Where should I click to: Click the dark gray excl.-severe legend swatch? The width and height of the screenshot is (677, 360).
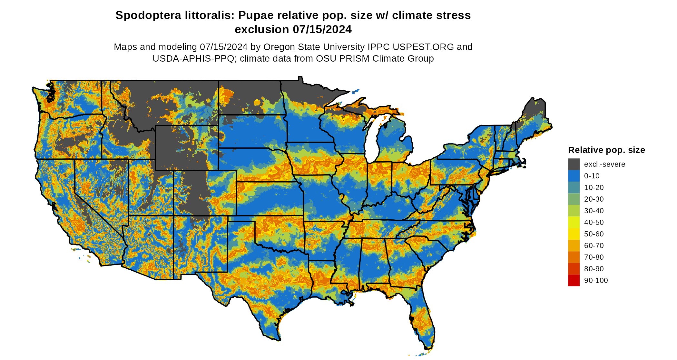574,164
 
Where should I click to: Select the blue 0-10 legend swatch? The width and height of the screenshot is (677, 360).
574,176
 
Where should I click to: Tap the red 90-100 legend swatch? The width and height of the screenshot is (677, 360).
574,280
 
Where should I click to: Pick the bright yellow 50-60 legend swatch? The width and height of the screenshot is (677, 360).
574,234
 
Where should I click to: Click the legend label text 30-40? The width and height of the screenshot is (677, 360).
594,211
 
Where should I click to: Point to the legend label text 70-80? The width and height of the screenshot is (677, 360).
594,257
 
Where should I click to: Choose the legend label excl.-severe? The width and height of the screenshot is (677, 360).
604,164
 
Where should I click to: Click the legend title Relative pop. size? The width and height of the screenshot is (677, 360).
606,150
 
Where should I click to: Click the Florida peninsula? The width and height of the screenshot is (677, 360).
422,319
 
